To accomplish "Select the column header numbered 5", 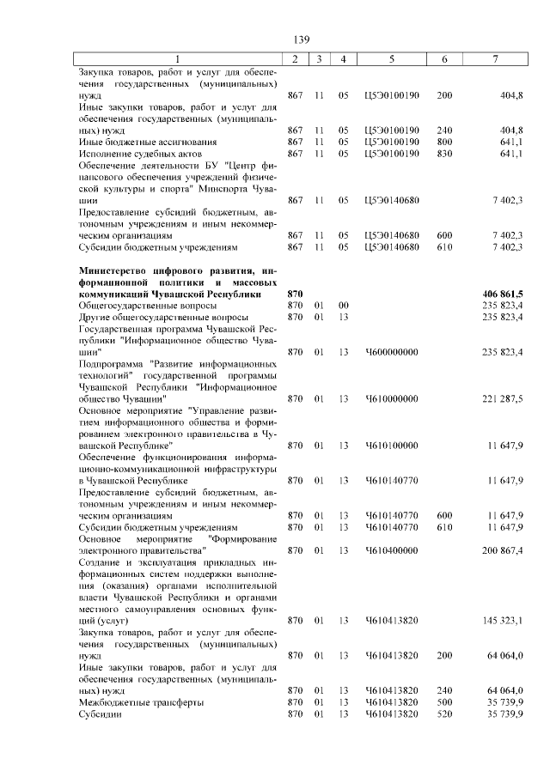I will tap(391, 58).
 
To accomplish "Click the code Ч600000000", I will tap(391, 352).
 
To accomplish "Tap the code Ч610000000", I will tap(391, 398).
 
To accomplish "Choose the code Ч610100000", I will tap(391, 445).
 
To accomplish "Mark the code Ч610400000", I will tap(391, 549).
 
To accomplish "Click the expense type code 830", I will tap(444, 154).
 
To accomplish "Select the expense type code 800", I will tap(444, 142).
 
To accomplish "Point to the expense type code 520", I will tap(444, 713).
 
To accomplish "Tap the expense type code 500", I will tap(444, 701).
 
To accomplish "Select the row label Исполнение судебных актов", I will tap(135, 154).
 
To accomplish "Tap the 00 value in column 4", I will tap(343, 305).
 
